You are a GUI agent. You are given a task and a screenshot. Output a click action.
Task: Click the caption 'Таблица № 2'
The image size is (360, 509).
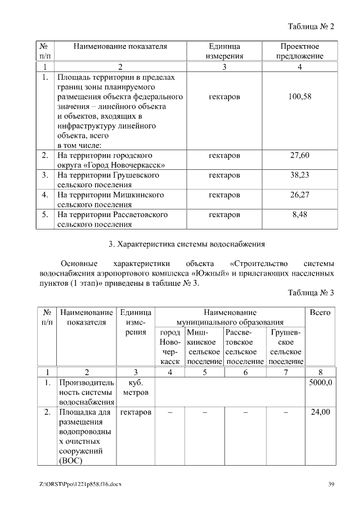coord(310,26)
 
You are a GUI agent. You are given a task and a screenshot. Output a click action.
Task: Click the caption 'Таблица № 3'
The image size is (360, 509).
coord(310,293)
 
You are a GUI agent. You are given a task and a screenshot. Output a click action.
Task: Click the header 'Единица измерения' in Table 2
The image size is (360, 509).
coord(224,51)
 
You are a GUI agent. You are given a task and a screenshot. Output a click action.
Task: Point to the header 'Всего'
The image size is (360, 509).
coord(321,312)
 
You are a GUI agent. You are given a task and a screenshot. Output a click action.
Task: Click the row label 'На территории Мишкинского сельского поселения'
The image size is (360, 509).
coord(111,200)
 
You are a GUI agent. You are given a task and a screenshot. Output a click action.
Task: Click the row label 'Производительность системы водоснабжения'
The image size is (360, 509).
coord(87,392)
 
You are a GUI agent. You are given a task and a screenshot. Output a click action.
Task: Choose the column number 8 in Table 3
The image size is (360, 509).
coord(321,372)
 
